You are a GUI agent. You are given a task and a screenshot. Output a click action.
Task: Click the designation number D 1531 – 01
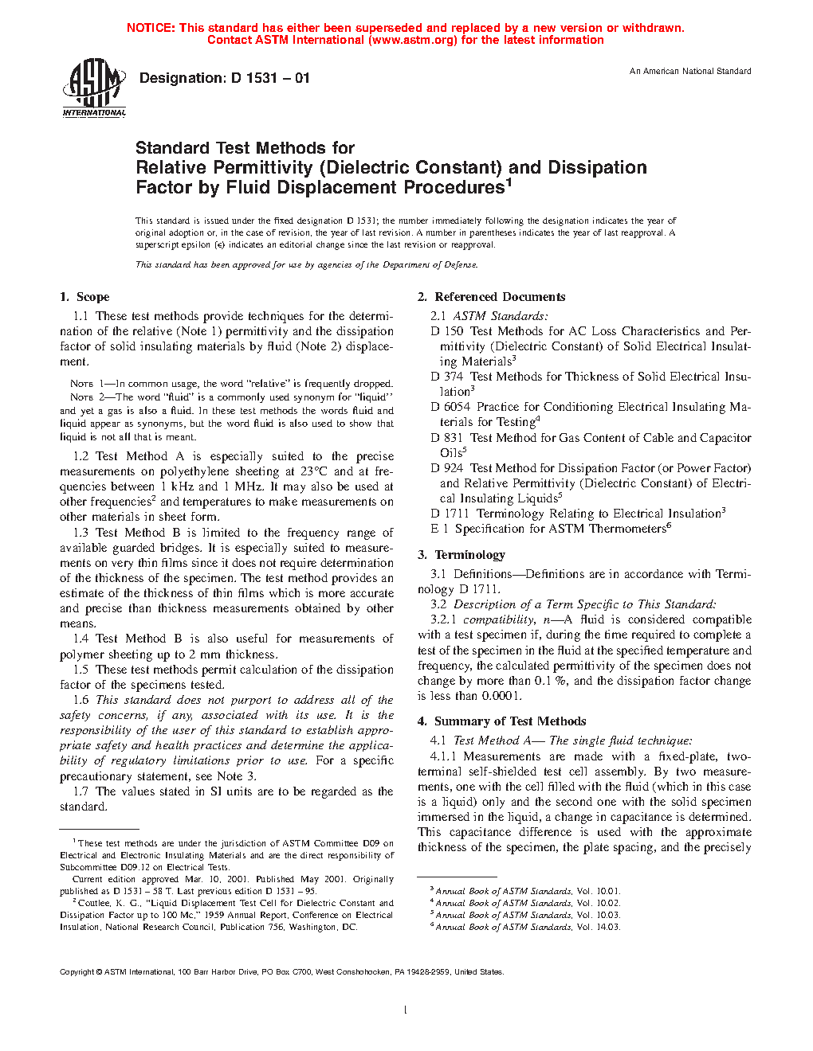270,78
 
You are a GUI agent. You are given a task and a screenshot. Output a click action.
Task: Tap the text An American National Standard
690,72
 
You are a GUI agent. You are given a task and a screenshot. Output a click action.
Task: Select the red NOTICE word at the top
150,28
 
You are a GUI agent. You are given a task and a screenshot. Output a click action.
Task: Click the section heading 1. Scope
84,297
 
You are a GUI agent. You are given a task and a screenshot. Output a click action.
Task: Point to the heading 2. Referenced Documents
492,297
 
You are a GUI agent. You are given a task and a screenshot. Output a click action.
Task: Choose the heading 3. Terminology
461,555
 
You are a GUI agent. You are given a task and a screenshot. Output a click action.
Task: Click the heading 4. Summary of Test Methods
501,721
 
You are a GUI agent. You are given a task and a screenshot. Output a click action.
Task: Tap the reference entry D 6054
450,407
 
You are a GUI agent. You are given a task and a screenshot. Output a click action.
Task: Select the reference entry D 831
446,438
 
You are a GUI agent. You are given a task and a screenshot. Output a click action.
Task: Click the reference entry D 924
446,468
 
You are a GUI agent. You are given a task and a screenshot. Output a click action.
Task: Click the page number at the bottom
406,1010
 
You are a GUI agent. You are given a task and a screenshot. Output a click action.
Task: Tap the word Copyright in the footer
77,972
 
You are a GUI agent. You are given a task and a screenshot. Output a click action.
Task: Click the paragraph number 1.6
81,700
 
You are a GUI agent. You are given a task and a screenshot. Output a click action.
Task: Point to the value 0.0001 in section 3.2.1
501,696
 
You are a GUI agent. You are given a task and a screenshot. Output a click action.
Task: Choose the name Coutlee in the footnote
94,903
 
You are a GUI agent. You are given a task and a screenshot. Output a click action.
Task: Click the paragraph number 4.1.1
443,756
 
